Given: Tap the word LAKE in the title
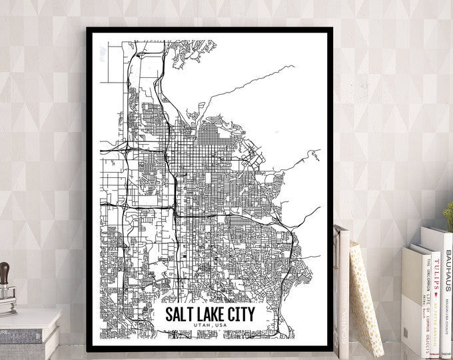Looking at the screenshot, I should (x=207, y=313).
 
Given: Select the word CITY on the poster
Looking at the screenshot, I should (x=239, y=313).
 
